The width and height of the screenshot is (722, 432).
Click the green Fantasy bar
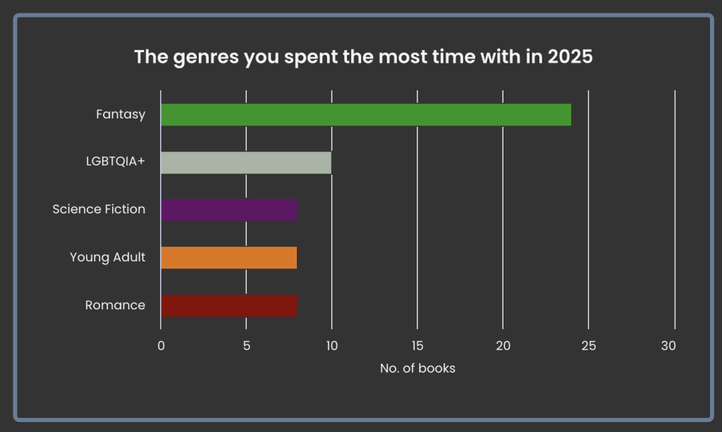[x=366, y=115]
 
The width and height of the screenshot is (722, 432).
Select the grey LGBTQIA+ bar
[x=246, y=163]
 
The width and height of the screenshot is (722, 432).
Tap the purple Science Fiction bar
[x=229, y=210]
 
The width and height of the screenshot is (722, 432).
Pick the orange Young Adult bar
[x=229, y=258]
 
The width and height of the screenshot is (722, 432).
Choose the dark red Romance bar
[x=229, y=305]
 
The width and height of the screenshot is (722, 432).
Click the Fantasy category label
[x=121, y=115]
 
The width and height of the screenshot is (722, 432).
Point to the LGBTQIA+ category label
[x=116, y=161]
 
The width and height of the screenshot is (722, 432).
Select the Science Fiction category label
[x=99, y=209]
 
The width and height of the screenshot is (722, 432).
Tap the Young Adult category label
[x=108, y=257]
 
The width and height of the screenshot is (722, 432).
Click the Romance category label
[x=115, y=305]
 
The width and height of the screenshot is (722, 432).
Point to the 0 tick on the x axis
[x=161, y=346]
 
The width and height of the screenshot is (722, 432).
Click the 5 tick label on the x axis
[x=246, y=346]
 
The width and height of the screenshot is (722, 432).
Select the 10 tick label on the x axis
[x=332, y=346]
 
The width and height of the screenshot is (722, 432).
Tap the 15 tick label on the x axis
[x=417, y=346]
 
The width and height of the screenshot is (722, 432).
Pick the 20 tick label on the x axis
[x=503, y=346]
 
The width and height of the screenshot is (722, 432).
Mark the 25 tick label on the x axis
[x=589, y=346]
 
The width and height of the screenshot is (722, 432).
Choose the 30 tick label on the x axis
[x=668, y=346]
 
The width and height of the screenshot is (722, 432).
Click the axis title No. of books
[x=417, y=369]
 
